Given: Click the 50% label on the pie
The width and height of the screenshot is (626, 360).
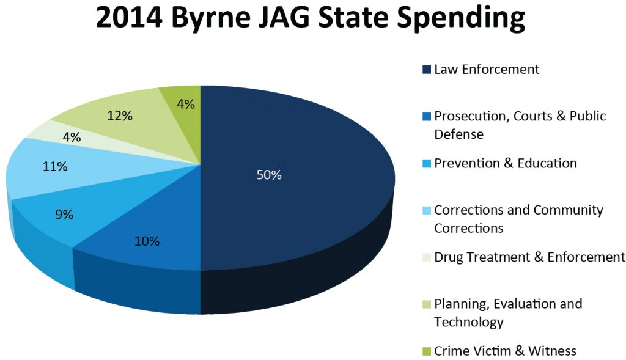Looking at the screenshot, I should click(x=268, y=175).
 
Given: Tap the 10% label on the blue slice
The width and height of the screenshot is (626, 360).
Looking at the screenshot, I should click(x=147, y=241).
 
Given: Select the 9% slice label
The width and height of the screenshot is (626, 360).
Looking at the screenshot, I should click(x=64, y=215).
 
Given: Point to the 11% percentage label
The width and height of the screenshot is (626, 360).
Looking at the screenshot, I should click(x=55, y=166).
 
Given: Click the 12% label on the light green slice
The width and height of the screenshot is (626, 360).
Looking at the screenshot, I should click(x=120, y=116).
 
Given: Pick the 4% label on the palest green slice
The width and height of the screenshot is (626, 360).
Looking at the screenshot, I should click(x=72, y=138).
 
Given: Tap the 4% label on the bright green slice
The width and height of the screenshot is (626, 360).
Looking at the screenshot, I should click(x=186, y=105).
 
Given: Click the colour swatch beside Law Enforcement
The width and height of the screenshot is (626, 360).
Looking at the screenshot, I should click(x=427, y=70).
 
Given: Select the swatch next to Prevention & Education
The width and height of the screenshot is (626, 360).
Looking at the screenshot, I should click(x=427, y=164).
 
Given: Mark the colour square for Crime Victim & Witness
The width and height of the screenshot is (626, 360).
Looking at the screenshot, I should click(x=427, y=351).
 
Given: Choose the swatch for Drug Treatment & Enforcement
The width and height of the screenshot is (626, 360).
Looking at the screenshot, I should click(x=427, y=258).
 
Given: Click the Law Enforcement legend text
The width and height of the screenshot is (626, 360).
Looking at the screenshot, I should click(x=487, y=70).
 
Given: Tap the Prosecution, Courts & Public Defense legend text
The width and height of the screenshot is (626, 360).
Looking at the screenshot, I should click(x=520, y=125).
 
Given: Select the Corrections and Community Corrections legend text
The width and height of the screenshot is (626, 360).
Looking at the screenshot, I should click(x=518, y=219).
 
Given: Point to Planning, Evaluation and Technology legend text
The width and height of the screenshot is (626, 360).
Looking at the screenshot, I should click(x=508, y=312).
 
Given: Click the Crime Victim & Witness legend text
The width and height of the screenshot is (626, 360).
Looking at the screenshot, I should click(x=505, y=351).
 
